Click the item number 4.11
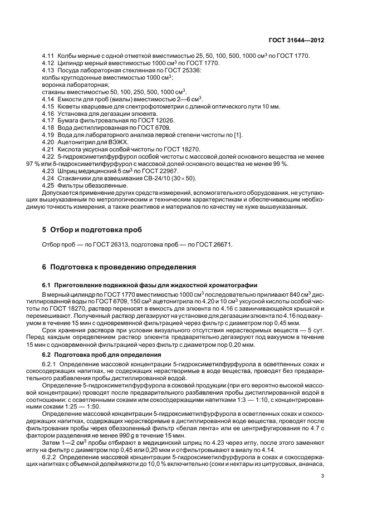[48, 56]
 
